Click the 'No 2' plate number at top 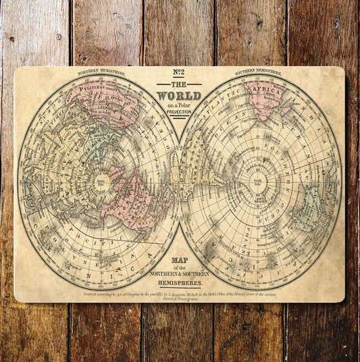(x=180, y=74)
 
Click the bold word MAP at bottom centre (x=180, y=261)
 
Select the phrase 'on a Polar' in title (x=179, y=105)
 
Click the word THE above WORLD (x=179, y=84)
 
